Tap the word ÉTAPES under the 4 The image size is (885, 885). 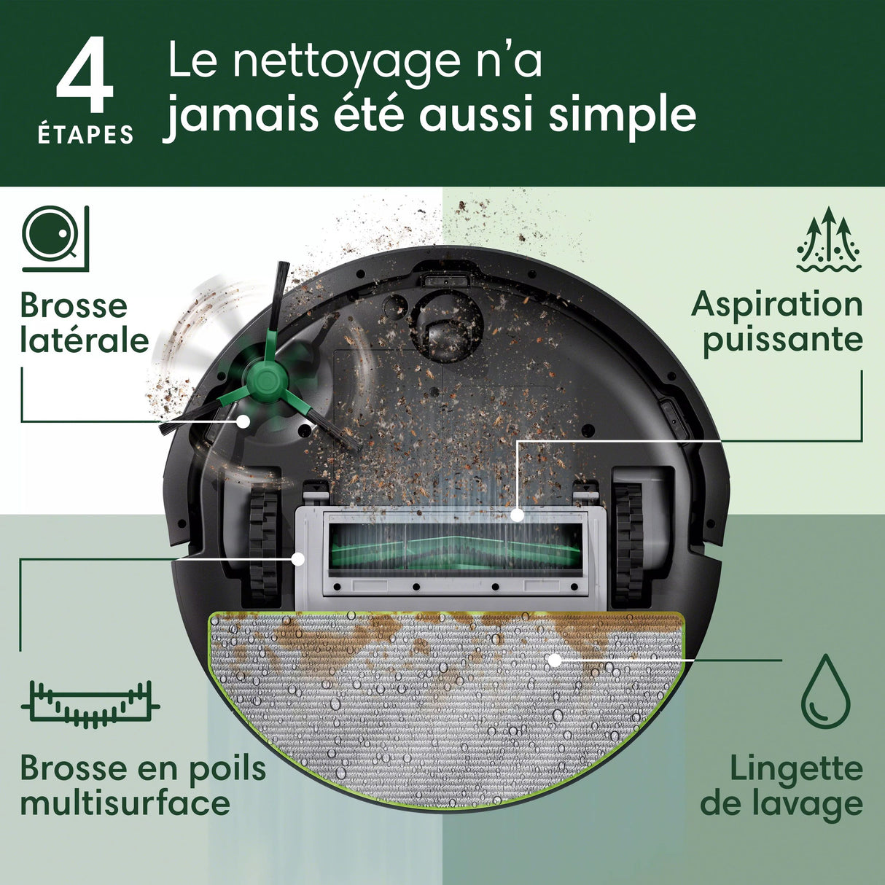point(86,135)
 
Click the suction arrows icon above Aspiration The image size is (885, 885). point(829,239)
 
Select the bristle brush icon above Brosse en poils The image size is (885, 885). point(90,705)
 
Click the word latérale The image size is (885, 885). point(85,340)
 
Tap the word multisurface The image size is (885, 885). point(125,803)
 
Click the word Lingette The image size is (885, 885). point(796,768)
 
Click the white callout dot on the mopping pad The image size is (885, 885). point(555,660)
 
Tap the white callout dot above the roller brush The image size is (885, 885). point(517,515)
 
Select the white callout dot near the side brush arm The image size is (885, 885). point(243,421)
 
